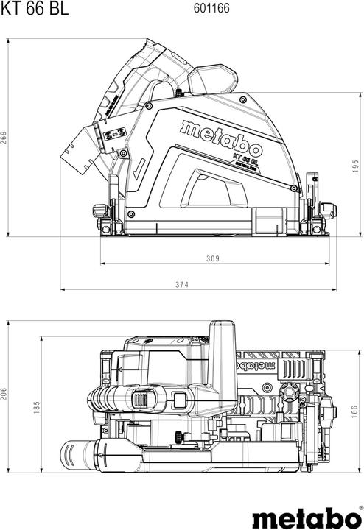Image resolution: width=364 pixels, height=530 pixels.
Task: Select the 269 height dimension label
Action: click(6, 138)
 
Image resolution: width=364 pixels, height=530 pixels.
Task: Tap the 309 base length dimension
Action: click(213, 258)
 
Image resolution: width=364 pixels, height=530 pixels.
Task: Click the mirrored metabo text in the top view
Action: click(254, 363)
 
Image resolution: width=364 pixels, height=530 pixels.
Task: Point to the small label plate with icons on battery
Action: click(113, 136)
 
